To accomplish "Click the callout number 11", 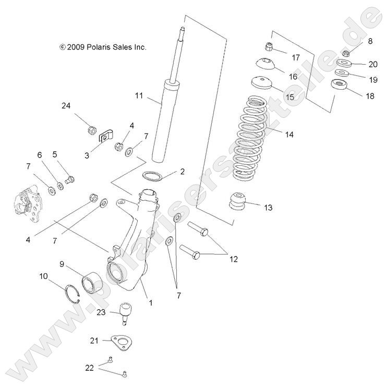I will point(138,95).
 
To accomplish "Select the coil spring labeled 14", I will point(256,137).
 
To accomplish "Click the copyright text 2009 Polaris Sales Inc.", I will point(103,47).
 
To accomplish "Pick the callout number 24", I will point(66,106).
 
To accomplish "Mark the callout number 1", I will point(151,301).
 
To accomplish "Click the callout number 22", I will point(90,367).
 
